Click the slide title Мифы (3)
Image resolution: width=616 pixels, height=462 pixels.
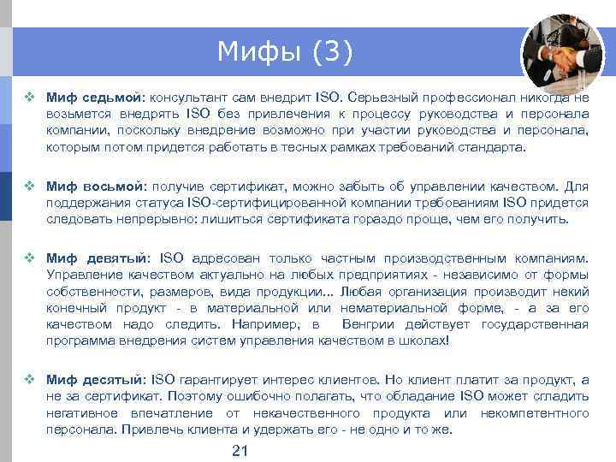coord(283,52)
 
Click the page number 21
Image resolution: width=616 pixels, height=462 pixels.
coord(240,451)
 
